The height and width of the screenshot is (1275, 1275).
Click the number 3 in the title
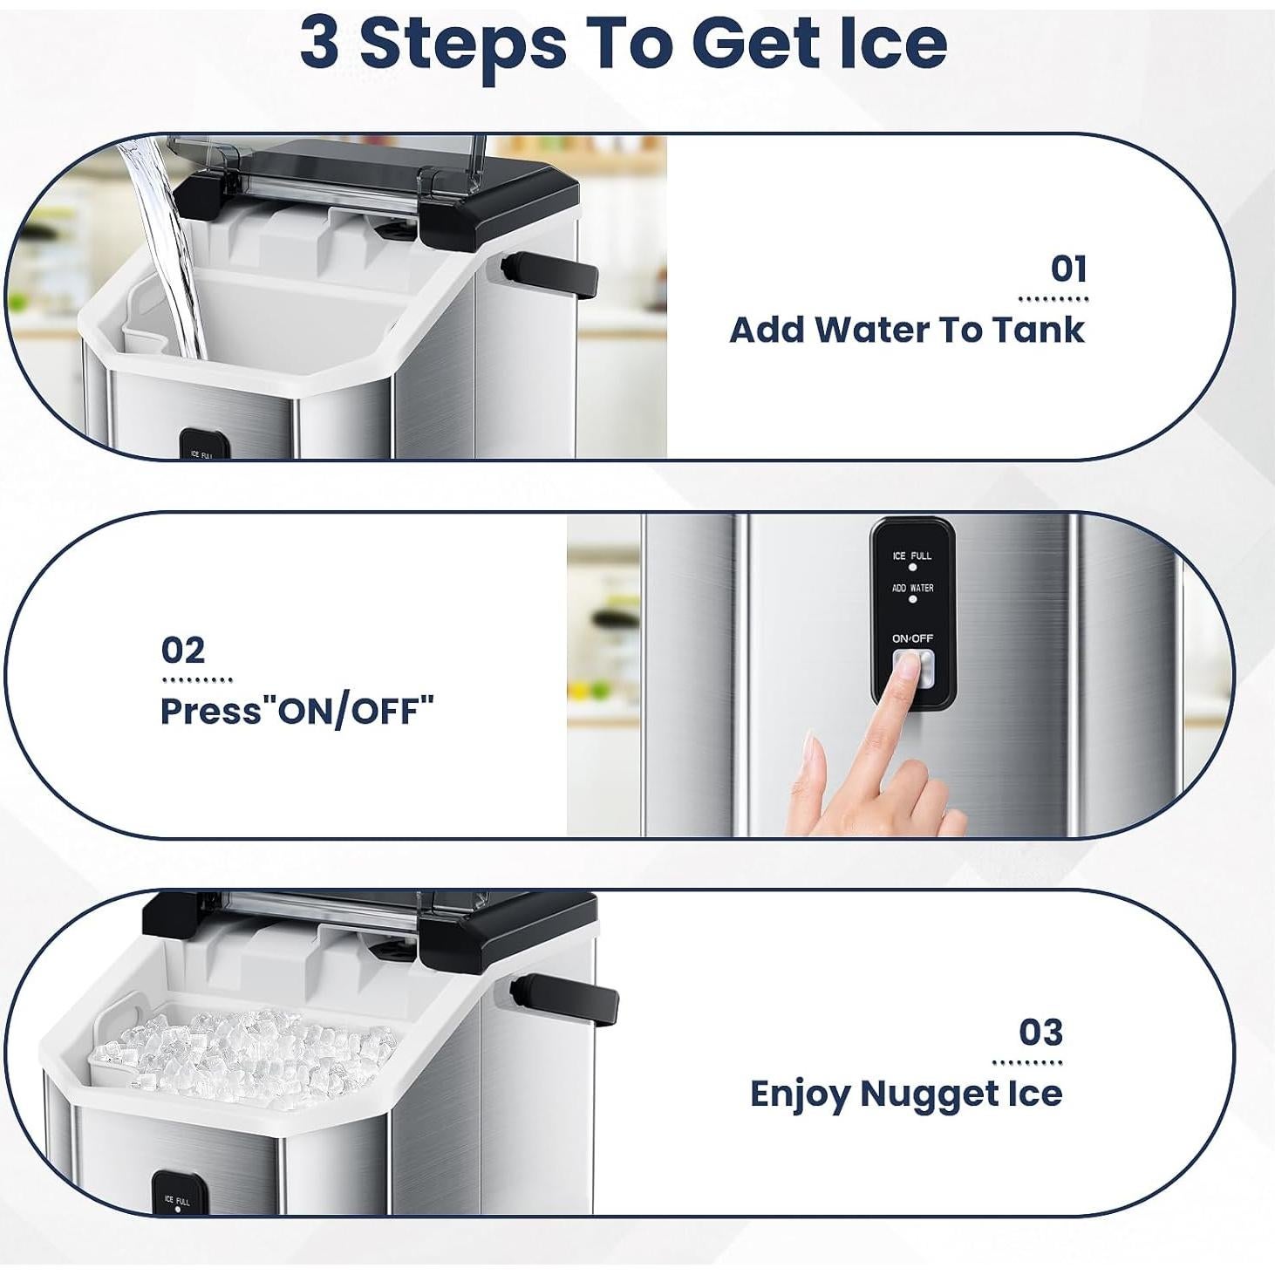(319, 44)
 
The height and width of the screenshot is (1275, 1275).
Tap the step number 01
(1068, 269)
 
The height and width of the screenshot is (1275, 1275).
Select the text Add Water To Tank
(906, 330)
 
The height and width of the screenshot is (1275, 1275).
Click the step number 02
(183, 651)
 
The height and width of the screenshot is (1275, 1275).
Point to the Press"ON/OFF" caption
(297, 712)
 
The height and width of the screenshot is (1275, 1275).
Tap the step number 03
(1040, 1033)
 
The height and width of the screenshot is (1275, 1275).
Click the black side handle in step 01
(550, 276)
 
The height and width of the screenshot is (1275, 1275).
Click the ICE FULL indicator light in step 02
(912, 567)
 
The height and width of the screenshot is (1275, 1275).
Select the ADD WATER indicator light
(912, 599)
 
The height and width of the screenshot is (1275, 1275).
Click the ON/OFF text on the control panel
(912, 638)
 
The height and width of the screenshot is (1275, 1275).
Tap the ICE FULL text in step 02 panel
(912, 556)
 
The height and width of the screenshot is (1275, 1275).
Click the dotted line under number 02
(197, 679)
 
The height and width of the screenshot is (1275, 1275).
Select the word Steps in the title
(463, 45)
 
